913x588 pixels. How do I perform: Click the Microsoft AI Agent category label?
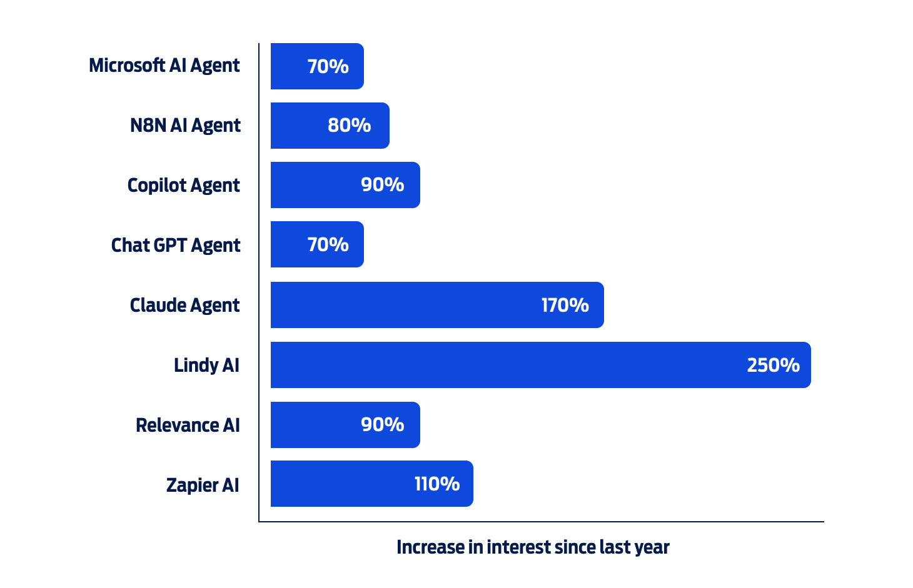[x=164, y=66]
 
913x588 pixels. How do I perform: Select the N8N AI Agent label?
[x=185, y=126]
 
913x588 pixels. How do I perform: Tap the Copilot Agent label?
[x=183, y=186]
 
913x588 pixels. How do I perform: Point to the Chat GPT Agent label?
[x=176, y=245]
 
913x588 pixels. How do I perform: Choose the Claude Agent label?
[x=184, y=305]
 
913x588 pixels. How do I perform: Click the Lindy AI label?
[x=206, y=365]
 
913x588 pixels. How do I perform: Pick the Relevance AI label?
[x=188, y=425]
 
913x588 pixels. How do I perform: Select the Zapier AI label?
[x=203, y=485]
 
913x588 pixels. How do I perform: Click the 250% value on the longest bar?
[x=773, y=366]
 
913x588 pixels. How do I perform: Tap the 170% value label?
[x=565, y=306]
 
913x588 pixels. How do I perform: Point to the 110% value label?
[x=437, y=484]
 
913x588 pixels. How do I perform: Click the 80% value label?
[x=349, y=126]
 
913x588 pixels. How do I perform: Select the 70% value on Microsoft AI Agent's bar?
[x=328, y=66]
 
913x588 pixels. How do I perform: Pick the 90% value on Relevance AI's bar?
[x=382, y=425]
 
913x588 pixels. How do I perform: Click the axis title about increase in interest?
[x=533, y=547]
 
